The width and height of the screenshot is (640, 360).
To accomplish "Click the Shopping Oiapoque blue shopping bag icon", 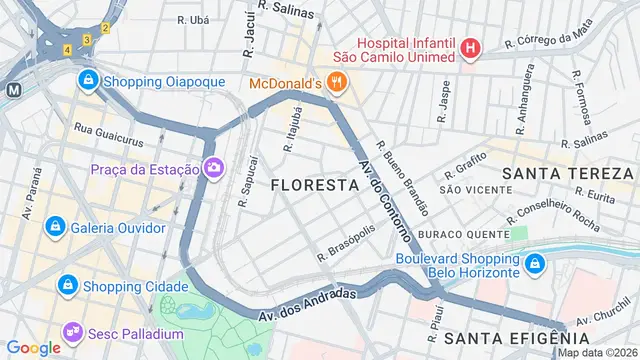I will pos(88,79).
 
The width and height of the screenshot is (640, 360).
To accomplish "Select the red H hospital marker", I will pos(470,47).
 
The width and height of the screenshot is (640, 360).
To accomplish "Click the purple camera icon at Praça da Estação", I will pos(213,168).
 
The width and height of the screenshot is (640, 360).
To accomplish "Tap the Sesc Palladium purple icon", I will pos(72,332).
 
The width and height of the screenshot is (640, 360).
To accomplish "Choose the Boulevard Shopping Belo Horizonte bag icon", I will pos(536,263).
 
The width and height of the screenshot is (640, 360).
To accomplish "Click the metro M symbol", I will pos(14,88).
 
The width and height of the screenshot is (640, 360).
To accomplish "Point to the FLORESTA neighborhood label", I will pos(314,185).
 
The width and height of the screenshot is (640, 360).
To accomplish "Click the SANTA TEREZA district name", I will pos(567,174).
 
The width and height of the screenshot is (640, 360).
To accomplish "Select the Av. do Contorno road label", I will pos(384,201).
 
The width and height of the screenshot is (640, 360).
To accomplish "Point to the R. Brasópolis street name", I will pos(346,243).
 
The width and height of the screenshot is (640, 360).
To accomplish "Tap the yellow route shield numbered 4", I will pos(67,49).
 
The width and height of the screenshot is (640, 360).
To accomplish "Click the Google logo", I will pos(33,347).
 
